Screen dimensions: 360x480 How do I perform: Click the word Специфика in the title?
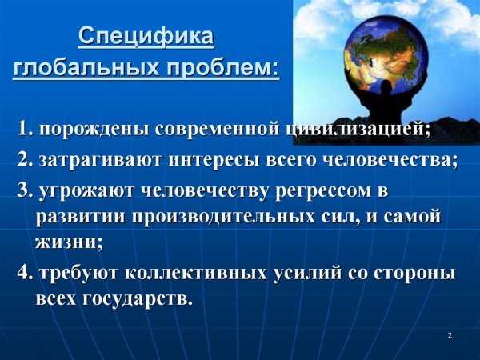[x=146, y=37]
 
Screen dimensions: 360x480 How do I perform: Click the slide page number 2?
[x=450, y=335]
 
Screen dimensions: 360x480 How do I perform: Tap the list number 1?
[x=24, y=129]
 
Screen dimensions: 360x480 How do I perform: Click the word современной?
[x=218, y=129]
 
